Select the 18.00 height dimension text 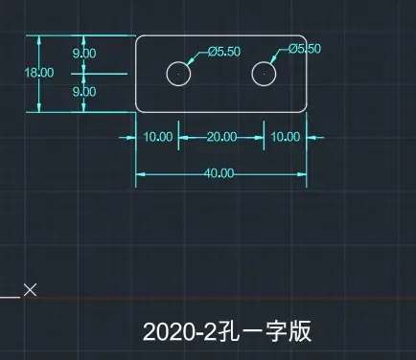point(39,73)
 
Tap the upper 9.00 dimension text point(84,53)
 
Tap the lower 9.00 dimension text point(84,92)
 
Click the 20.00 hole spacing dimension point(221,137)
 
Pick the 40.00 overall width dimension point(219,173)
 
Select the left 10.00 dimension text point(158,137)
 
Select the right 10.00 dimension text point(286,137)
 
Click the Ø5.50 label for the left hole point(224,52)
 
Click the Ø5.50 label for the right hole point(305,49)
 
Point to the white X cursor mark point(31,290)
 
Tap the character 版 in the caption point(300,331)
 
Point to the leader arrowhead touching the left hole point(191,60)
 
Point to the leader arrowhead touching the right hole point(273,59)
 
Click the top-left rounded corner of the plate point(138,37)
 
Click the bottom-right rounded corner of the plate point(305,110)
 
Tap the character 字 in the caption point(276,331)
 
